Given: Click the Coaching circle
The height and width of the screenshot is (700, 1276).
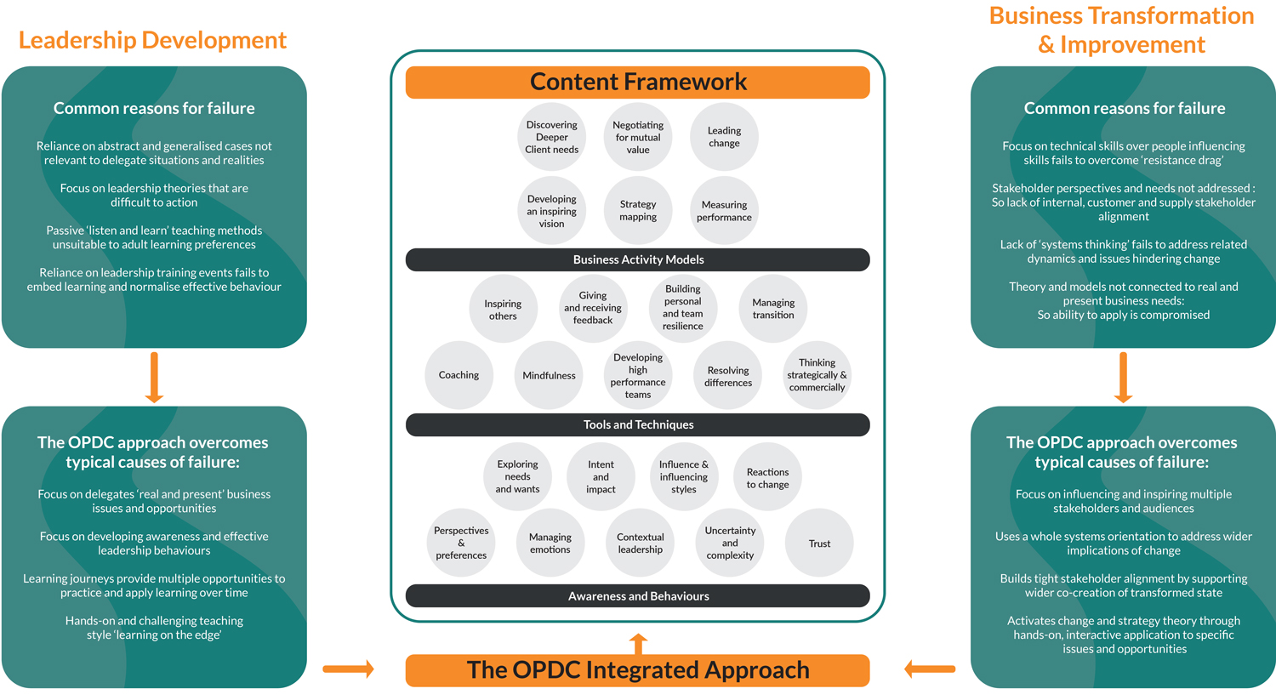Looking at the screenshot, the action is pyautogui.click(x=459, y=375).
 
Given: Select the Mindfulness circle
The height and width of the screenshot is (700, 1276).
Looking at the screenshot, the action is pyautogui.click(x=549, y=375).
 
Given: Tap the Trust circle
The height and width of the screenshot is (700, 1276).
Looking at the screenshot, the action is pyautogui.click(x=819, y=543).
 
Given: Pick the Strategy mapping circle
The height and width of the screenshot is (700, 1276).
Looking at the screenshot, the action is pyautogui.click(x=638, y=210).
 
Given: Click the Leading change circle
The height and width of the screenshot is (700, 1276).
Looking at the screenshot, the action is pyautogui.click(x=724, y=137).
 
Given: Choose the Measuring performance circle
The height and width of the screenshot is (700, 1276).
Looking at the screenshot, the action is pyautogui.click(x=724, y=210).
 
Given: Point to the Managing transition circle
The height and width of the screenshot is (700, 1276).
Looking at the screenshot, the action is pyautogui.click(x=773, y=308).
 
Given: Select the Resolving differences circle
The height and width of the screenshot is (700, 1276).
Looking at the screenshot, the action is pyautogui.click(x=728, y=375).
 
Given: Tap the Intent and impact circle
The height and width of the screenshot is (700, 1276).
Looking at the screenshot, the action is pyautogui.click(x=601, y=476).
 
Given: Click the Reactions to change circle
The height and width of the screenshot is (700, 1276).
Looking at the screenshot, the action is pyautogui.click(x=768, y=477).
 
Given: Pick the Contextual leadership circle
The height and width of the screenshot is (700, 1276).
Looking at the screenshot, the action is pyautogui.click(x=641, y=543).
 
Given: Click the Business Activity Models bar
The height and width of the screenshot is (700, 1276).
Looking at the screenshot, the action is pyautogui.click(x=638, y=259).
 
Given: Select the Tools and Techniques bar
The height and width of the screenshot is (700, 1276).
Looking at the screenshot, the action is pyautogui.click(x=638, y=425).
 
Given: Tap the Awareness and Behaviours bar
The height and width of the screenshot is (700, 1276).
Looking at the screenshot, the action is pyautogui.click(x=638, y=595).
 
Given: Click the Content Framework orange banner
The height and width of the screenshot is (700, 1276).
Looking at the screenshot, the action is pyautogui.click(x=638, y=82).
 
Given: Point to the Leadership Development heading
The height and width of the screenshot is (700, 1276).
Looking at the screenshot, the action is pyautogui.click(x=152, y=41).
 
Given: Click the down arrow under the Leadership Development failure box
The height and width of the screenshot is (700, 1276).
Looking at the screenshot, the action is pyautogui.click(x=154, y=377).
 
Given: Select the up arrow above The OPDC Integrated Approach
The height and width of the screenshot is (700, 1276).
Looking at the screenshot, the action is pyautogui.click(x=638, y=644).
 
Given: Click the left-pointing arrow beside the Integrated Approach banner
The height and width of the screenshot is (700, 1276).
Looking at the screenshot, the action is pyautogui.click(x=930, y=669).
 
